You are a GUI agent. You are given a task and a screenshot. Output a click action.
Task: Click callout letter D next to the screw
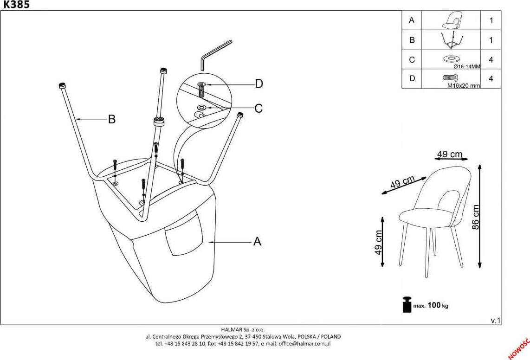(259, 84)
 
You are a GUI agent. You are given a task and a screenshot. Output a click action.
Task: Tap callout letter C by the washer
(259, 108)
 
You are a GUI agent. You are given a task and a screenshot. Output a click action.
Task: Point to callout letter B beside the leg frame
(111, 119)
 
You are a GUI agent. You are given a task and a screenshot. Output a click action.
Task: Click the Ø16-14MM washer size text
(463, 66)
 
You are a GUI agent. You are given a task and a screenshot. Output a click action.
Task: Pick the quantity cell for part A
(491, 20)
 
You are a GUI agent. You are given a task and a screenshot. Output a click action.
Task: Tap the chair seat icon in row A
(451, 20)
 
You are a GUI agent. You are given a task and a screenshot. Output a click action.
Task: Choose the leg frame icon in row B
(451, 40)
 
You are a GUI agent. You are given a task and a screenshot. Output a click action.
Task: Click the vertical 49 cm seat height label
(378, 242)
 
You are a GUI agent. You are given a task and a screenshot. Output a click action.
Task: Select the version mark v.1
(495, 321)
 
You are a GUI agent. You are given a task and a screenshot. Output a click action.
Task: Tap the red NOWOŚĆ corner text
(520, 348)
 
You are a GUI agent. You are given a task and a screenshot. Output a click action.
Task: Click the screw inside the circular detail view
(201, 89)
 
